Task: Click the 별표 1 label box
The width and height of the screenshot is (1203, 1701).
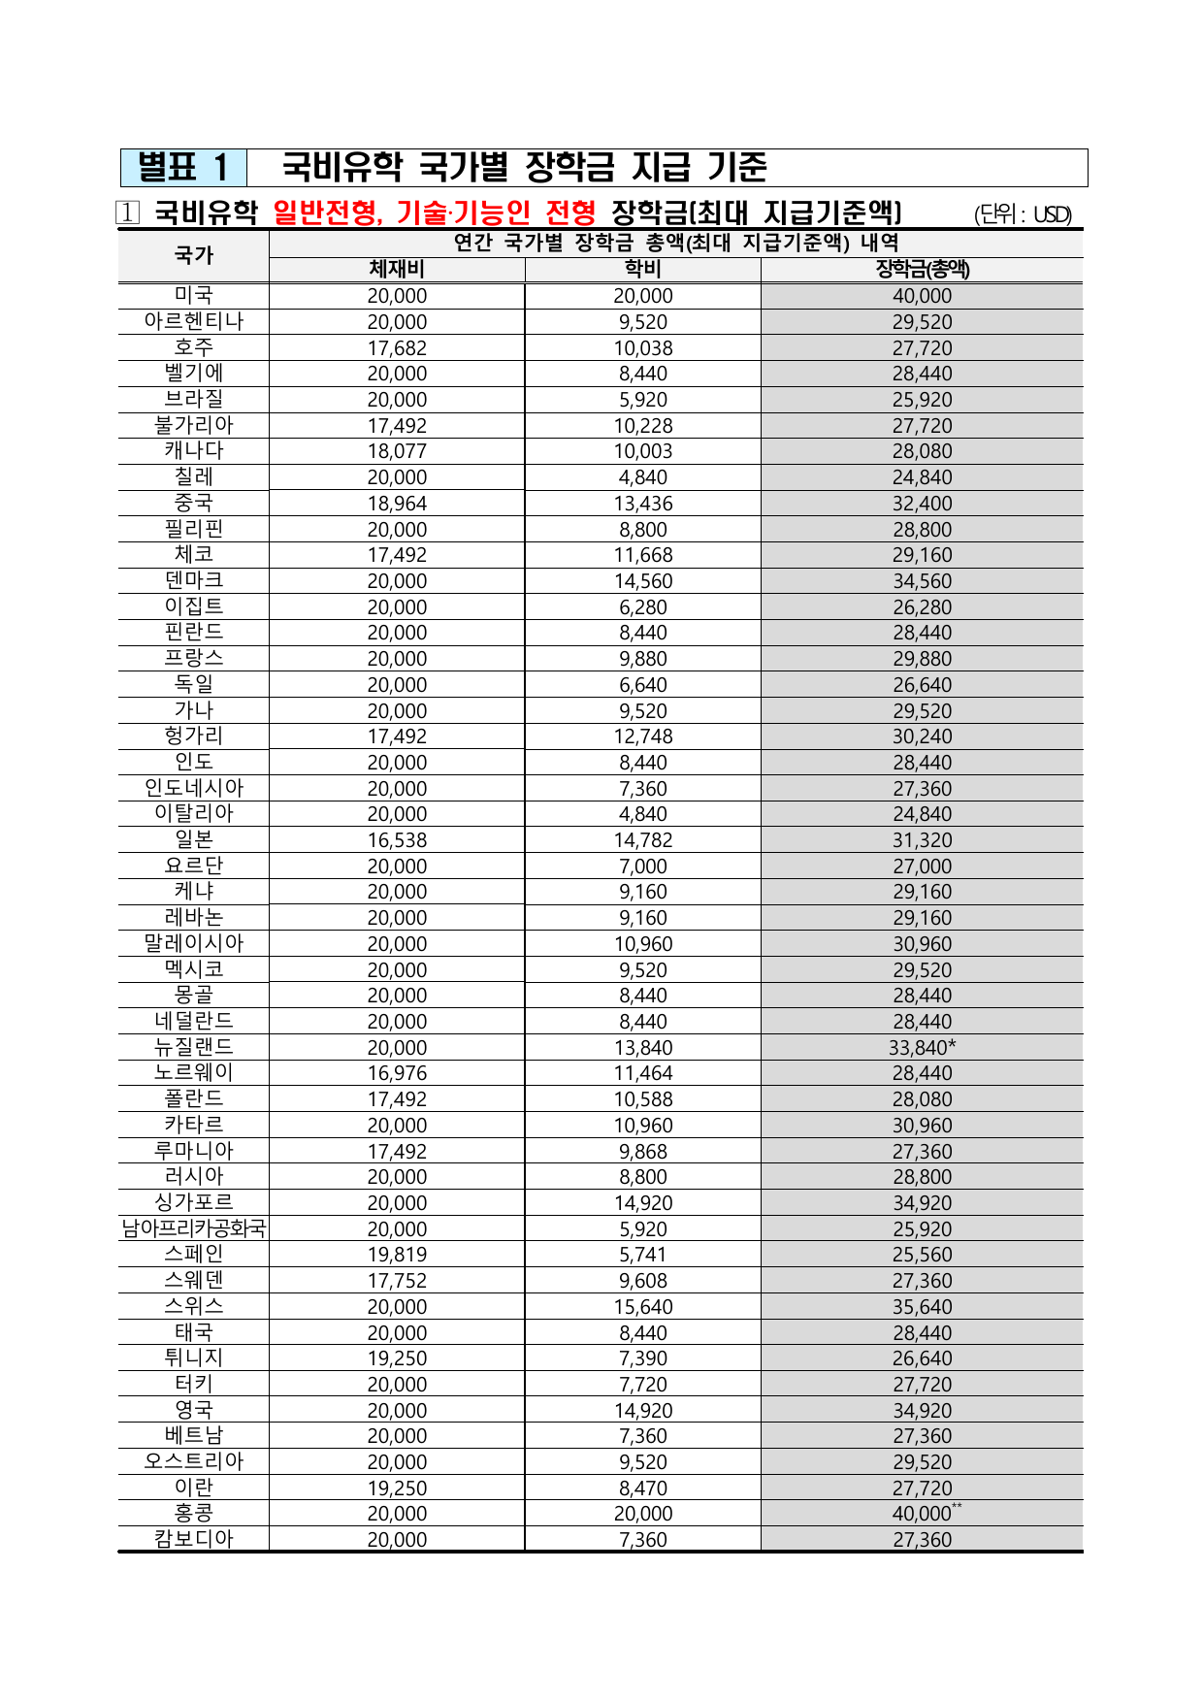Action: [183, 168]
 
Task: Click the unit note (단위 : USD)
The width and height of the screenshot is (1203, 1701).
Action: [1023, 214]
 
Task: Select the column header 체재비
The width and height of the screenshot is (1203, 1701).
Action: [397, 270]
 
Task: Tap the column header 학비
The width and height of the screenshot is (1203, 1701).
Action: [642, 270]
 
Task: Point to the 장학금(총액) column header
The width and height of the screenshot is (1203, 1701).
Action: [922, 270]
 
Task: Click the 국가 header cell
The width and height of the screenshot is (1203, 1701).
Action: [194, 256]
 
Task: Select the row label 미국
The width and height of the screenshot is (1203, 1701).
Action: [194, 296]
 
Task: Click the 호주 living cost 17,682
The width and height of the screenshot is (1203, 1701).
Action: [397, 348]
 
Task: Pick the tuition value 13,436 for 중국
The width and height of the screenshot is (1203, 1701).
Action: [642, 504]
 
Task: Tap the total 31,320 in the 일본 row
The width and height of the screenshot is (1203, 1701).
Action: [922, 840]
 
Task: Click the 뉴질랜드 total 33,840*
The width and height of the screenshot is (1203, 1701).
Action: [922, 1048]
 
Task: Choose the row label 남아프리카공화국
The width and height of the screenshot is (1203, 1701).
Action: [194, 1228]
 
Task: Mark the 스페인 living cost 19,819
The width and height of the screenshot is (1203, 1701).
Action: [397, 1255]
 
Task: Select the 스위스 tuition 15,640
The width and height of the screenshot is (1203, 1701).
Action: [642, 1307]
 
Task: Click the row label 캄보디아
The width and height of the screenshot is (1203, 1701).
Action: [194, 1540]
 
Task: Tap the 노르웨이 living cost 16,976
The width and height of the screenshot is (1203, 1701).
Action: [397, 1073]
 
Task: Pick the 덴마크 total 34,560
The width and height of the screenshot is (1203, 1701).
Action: [922, 581]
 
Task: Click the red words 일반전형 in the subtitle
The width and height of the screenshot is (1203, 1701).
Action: [327, 213]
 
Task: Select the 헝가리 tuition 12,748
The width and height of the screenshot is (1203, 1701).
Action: [642, 736]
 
